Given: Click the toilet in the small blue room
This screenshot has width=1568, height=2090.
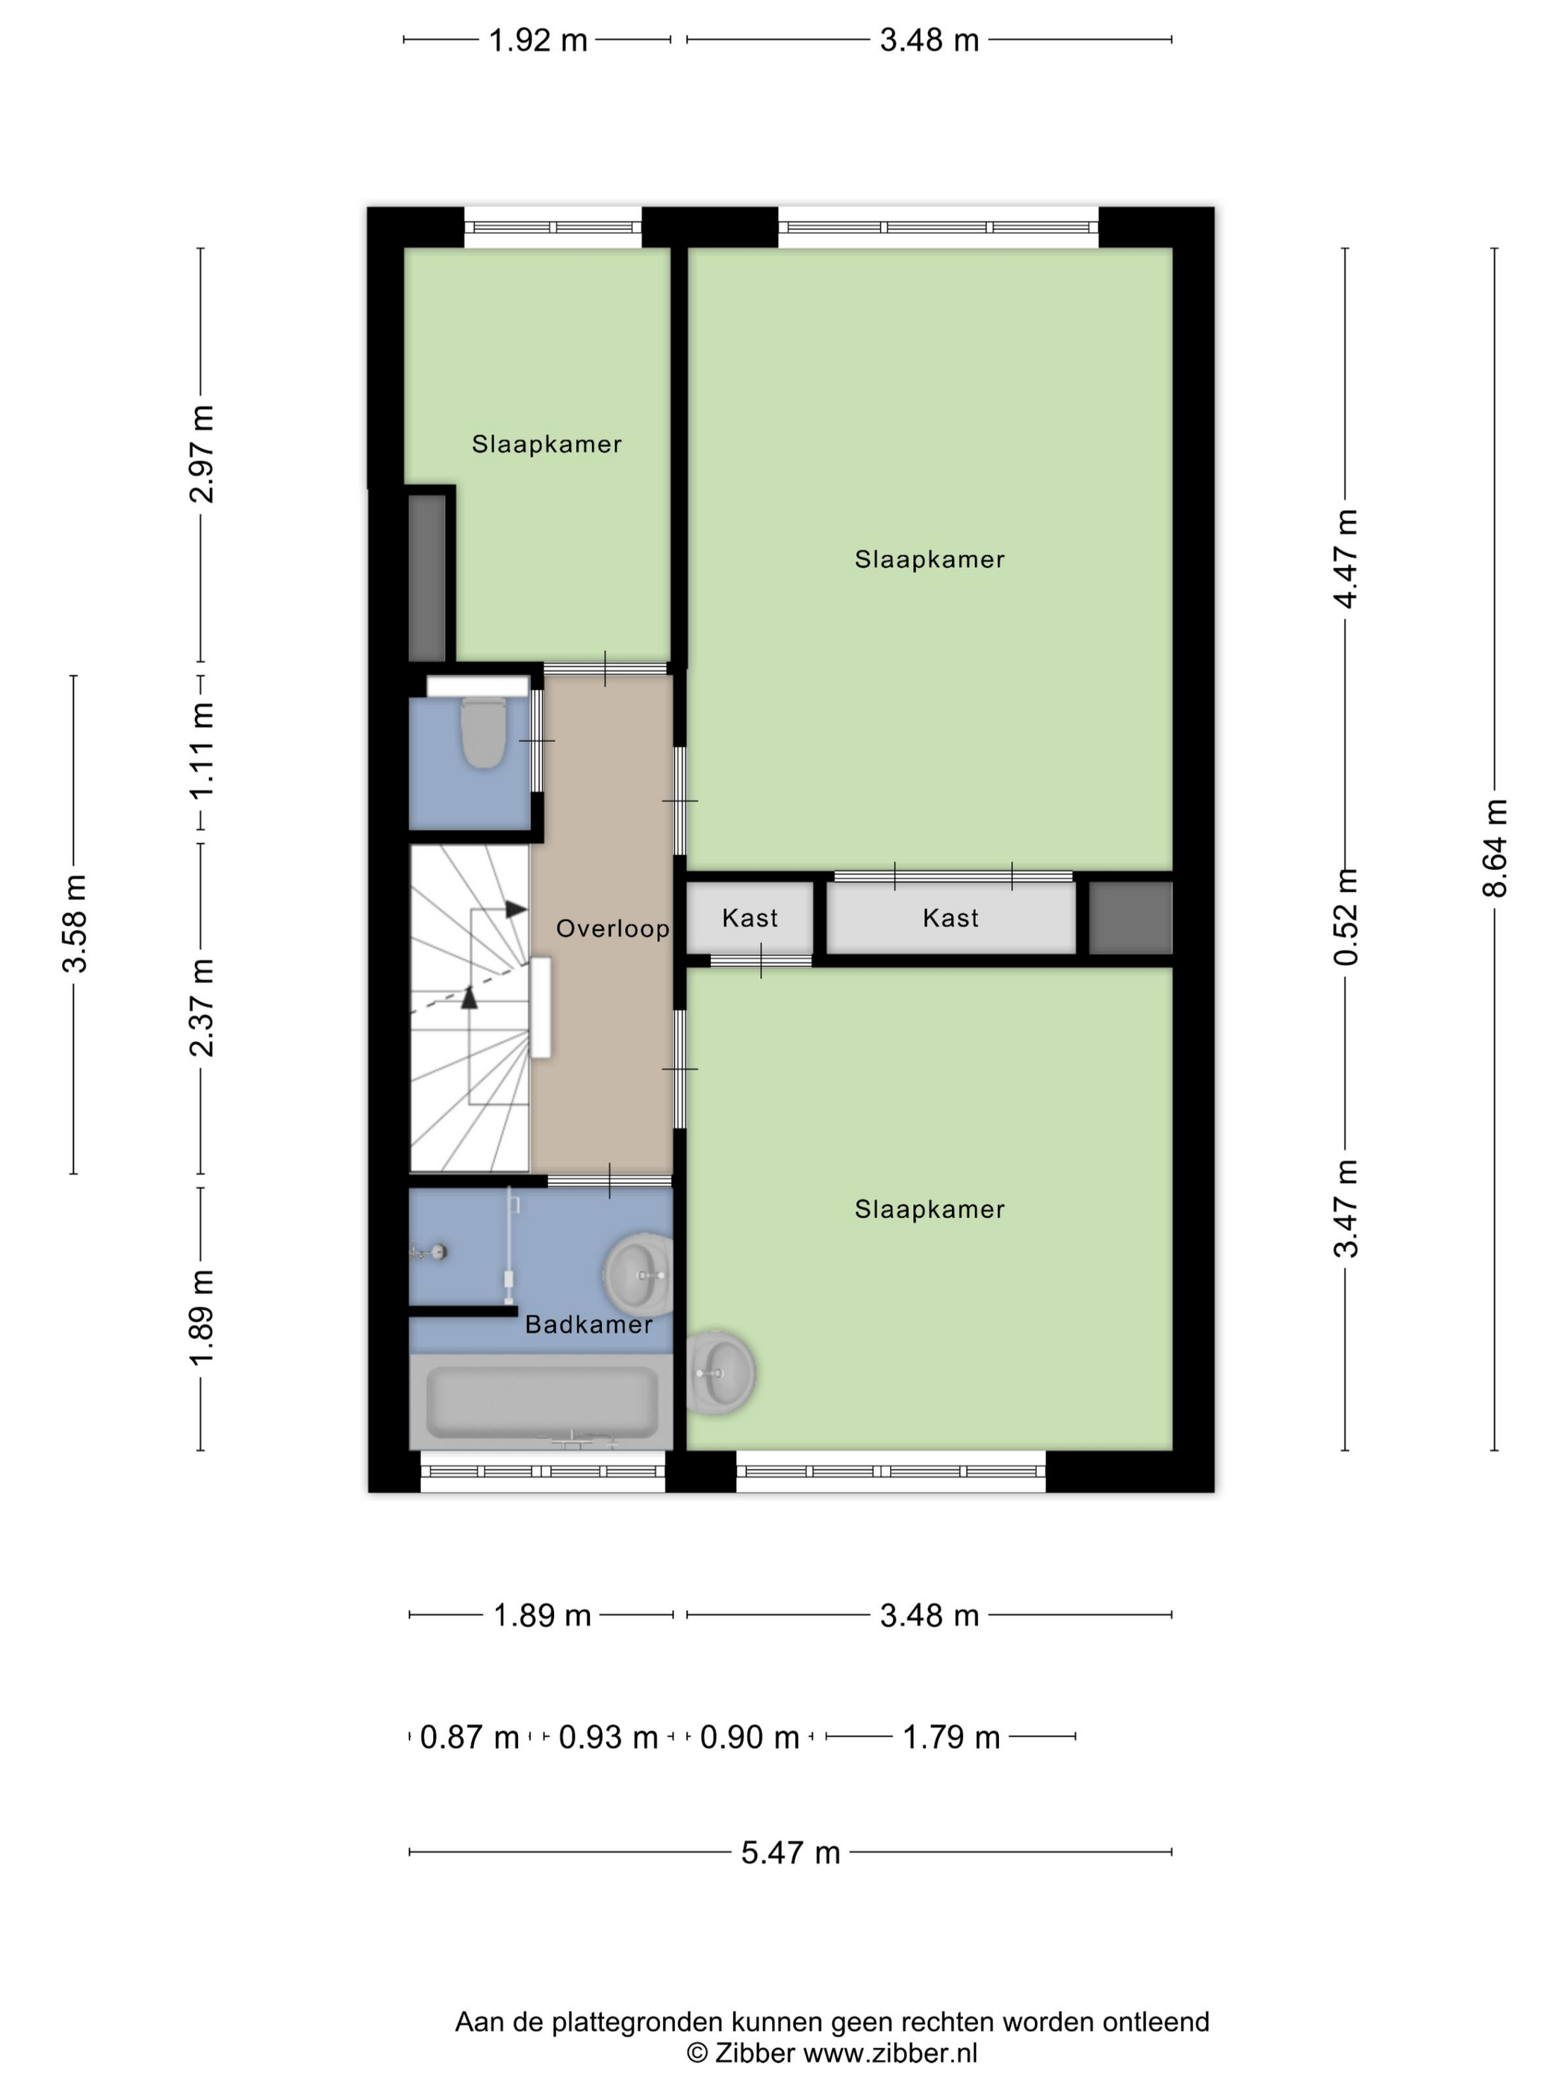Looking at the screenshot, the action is pyautogui.click(x=482, y=732).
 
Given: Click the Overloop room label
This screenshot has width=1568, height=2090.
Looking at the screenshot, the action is pyautogui.click(x=612, y=929).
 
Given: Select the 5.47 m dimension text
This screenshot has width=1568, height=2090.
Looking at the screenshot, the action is pyautogui.click(x=790, y=1852).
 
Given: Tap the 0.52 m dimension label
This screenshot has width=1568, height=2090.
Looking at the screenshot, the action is pyautogui.click(x=1346, y=917).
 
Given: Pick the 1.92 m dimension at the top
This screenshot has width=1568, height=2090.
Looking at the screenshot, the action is pyautogui.click(x=538, y=40).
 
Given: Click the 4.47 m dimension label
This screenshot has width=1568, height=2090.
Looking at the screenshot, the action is pyautogui.click(x=1346, y=558).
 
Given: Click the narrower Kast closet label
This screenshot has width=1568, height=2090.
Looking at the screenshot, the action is pyautogui.click(x=750, y=917).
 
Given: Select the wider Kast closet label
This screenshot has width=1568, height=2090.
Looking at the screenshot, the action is pyautogui.click(x=951, y=917).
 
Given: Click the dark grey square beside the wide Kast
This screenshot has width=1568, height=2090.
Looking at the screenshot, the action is pyautogui.click(x=1130, y=917).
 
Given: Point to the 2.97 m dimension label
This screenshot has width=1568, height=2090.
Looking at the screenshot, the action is pyautogui.click(x=202, y=454).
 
